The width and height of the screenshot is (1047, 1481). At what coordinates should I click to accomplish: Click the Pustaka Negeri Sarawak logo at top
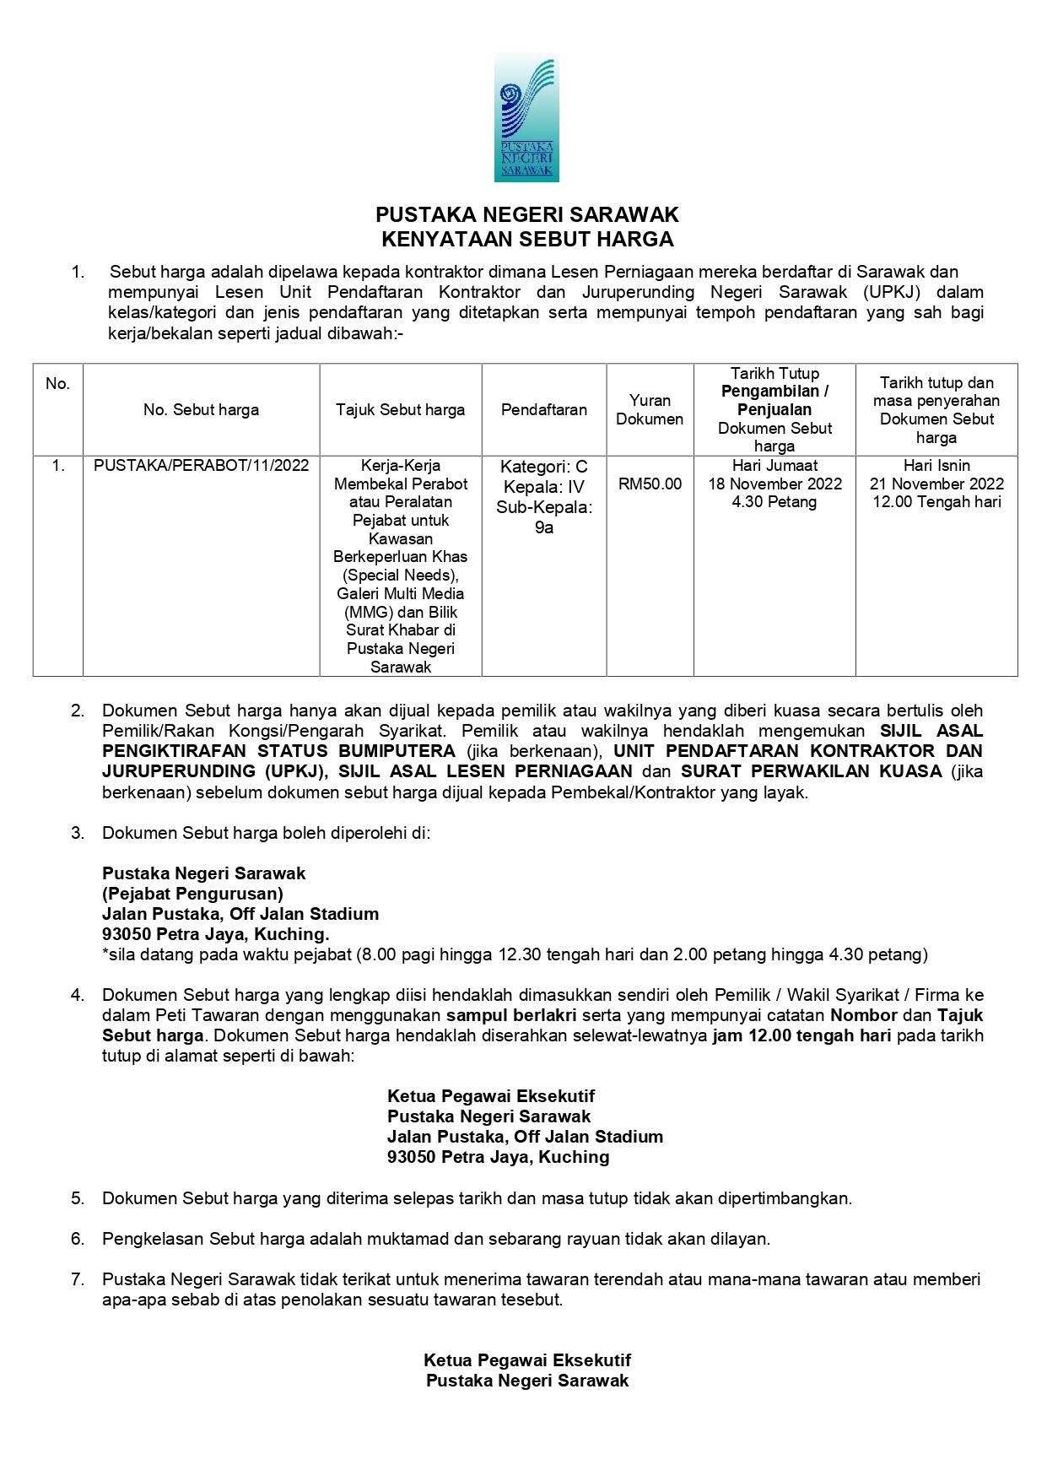(x=526, y=117)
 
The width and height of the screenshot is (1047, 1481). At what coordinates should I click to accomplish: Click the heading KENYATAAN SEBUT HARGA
(x=527, y=240)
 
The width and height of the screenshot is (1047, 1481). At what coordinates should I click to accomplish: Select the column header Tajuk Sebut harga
(x=400, y=410)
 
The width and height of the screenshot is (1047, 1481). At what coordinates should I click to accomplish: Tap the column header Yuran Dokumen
(x=650, y=409)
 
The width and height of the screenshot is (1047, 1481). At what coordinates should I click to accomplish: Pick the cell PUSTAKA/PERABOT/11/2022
(x=201, y=466)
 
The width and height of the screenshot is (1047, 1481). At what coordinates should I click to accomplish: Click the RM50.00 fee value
(x=650, y=484)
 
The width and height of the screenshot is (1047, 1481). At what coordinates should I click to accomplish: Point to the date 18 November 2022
(x=774, y=484)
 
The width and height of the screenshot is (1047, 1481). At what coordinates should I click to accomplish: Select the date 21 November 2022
(x=936, y=484)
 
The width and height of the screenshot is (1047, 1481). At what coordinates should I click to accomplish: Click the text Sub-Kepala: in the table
(x=544, y=507)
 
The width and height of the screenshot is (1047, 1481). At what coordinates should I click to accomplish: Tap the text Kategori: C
(x=544, y=467)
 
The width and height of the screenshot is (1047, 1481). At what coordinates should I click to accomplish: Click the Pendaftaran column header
(x=544, y=410)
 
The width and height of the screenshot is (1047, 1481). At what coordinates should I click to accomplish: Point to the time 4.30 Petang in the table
(x=774, y=502)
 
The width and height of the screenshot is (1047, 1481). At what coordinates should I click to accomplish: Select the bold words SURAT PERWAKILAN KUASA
(x=812, y=771)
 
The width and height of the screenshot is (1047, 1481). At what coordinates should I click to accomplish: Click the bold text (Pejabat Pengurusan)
(x=192, y=894)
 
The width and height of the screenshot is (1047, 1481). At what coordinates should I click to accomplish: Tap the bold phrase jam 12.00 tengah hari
(x=801, y=1035)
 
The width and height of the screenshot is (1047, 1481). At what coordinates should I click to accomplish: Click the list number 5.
(x=78, y=1198)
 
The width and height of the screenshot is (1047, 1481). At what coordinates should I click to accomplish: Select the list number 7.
(x=78, y=1279)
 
